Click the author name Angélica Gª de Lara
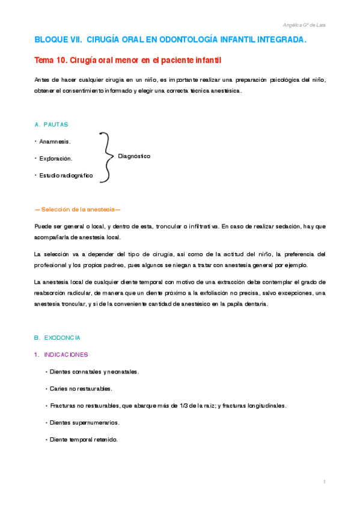tap(304, 25)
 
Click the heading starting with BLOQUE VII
tap(170, 40)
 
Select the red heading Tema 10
tap(128, 61)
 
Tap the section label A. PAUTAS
tap(52, 124)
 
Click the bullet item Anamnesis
tap(54, 141)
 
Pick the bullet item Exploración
tap(55, 158)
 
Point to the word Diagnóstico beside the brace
tap(134, 156)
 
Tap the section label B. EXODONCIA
tap(58, 338)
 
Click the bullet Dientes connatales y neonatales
tap(94, 372)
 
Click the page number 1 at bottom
tap(324, 482)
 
